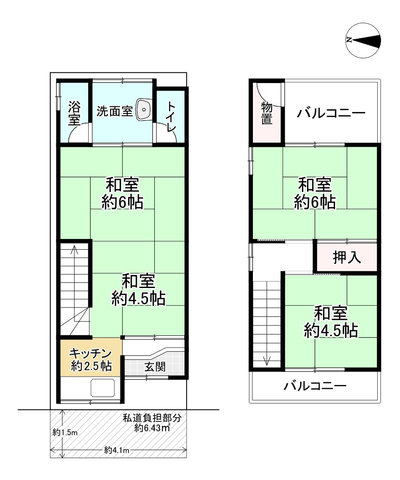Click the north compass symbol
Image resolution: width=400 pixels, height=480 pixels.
click(x=363, y=40)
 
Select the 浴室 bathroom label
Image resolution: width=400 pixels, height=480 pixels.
click(x=74, y=113)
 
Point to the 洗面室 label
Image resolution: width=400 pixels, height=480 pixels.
click(x=114, y=111)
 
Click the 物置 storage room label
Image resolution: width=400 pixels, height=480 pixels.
click(x=267, y=114)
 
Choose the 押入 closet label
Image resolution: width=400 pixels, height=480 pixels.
click(x=347, y=257)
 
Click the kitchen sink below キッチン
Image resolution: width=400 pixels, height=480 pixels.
click(x=103, y=388)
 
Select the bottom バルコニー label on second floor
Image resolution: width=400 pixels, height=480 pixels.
click(x=315, y=386)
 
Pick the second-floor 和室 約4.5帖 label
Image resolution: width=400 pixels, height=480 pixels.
click(x=331, y=322)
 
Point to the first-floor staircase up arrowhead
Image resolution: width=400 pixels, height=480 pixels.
click(x=74, y=248)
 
